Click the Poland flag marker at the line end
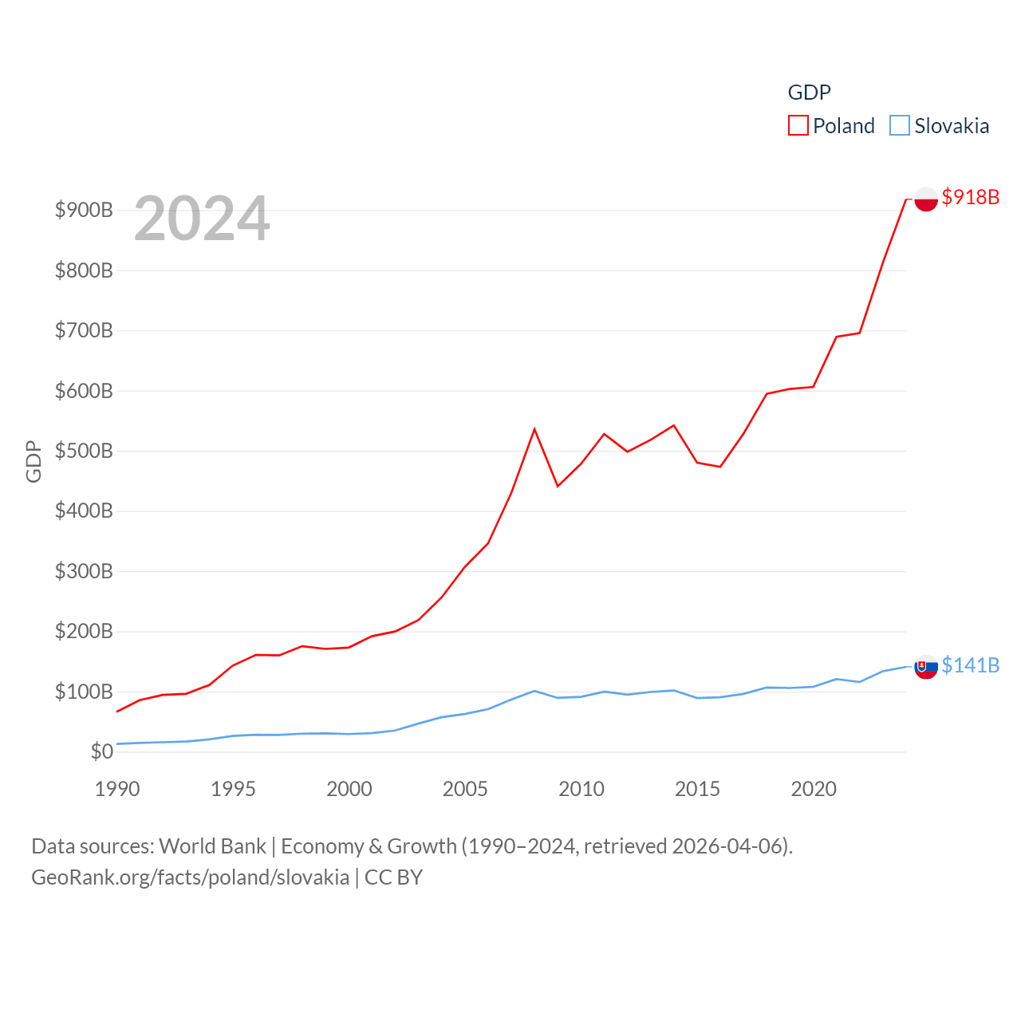926,199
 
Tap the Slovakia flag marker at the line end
926,667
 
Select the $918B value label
970,197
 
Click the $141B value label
970,665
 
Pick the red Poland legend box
798,126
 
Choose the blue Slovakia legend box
899,126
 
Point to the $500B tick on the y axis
84,451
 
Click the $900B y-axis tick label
84,210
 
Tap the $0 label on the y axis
101,751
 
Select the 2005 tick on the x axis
465,789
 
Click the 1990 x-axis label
117,789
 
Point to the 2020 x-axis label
814,789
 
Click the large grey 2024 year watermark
202,219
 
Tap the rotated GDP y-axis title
34,461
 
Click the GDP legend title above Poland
809,93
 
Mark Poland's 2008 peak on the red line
534,429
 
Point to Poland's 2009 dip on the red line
558,486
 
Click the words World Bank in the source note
212,846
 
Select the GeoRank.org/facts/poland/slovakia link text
190,877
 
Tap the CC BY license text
393,877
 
